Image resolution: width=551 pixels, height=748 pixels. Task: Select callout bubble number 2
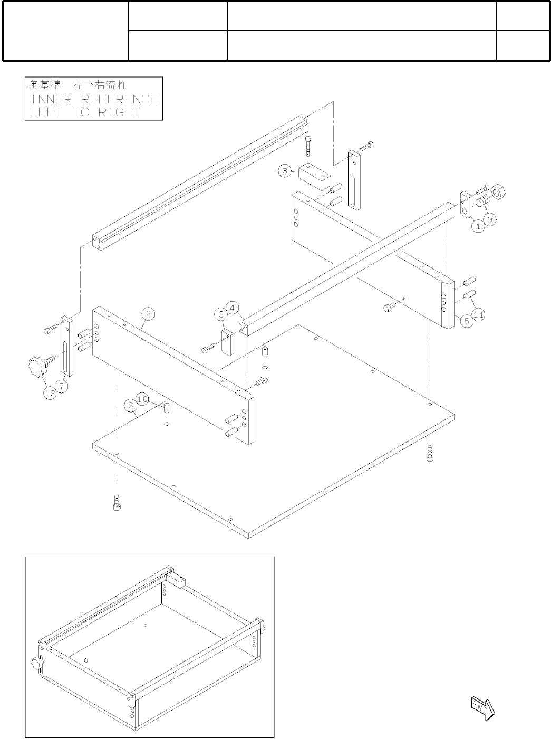click(149, 314)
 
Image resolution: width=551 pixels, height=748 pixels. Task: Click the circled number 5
click(466, 321)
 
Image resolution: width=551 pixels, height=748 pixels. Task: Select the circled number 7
click(62, 386)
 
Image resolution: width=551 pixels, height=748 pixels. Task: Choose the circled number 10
click(142, 399)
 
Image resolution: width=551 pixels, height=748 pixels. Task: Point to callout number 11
click(478, 314)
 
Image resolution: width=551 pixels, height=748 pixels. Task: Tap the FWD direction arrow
click(482, 707)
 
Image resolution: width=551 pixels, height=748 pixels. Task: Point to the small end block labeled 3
click(227, 342)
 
